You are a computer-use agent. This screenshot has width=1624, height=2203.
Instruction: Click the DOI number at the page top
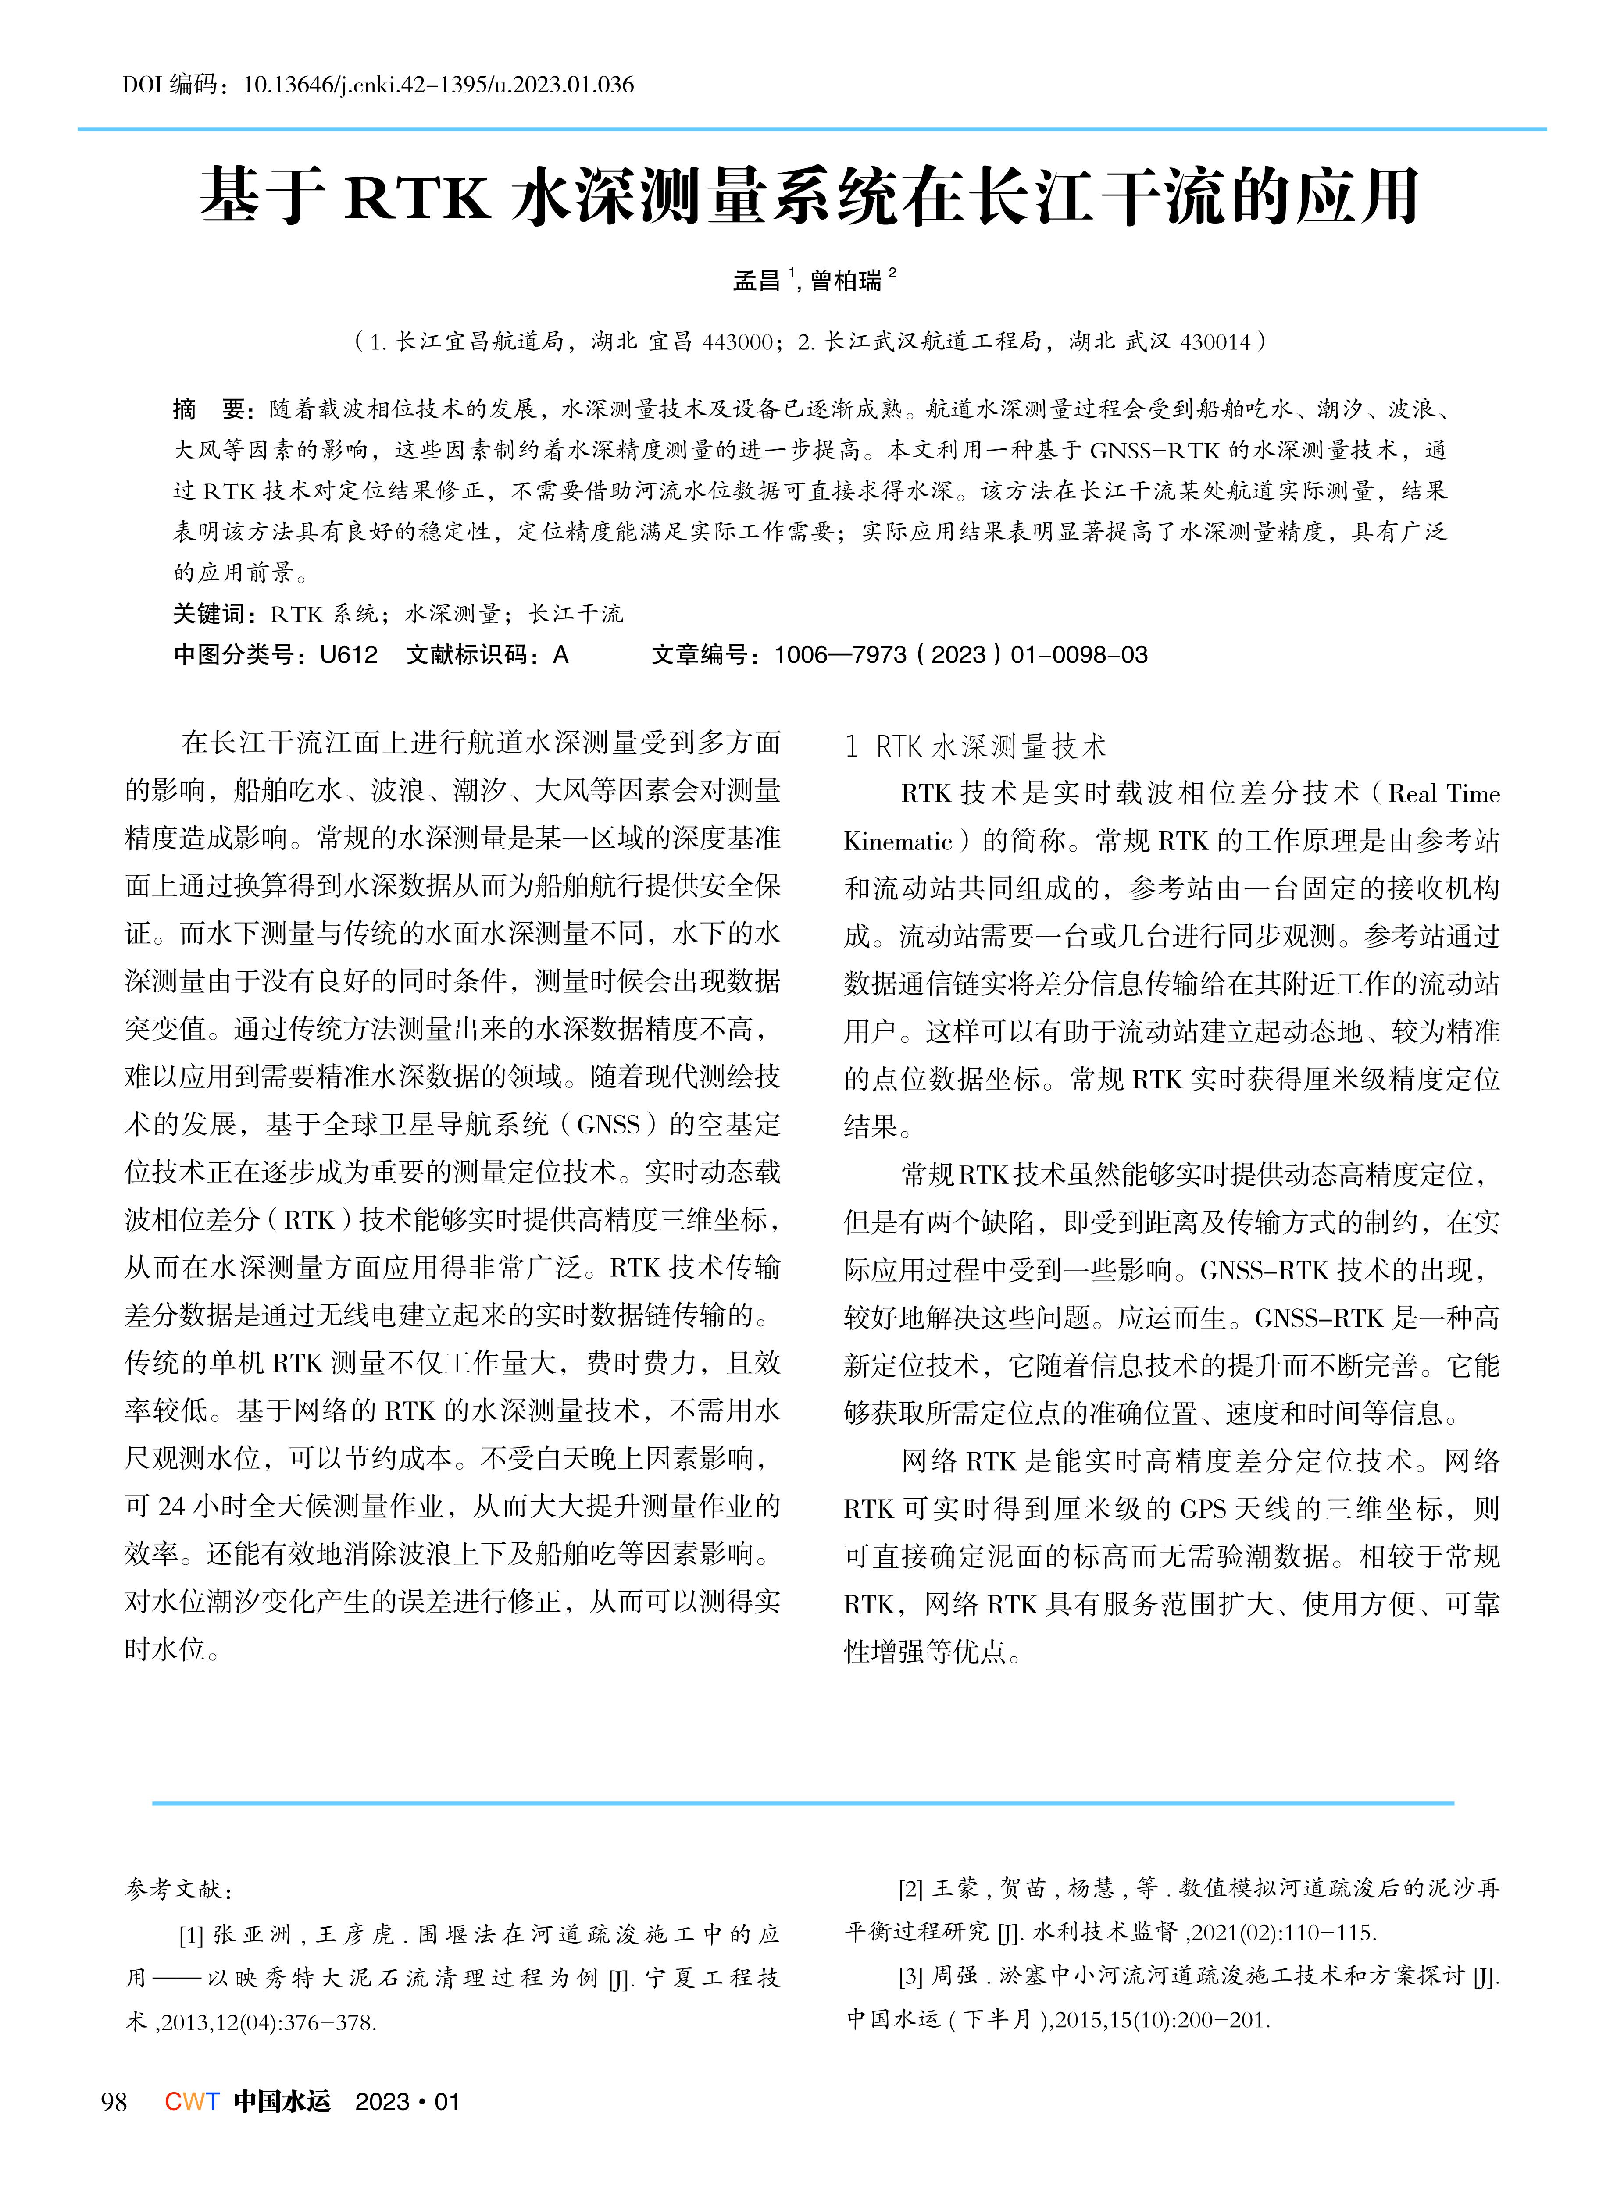437,85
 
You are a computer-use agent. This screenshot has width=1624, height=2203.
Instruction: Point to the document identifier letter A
560,654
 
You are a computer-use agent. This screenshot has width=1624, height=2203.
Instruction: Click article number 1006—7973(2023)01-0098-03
960,654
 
